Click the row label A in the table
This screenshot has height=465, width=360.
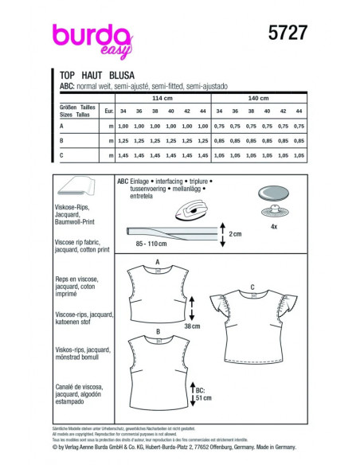[61, 127]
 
